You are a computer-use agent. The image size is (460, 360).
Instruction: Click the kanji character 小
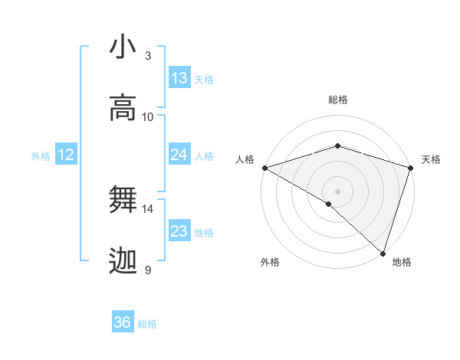[123, 47]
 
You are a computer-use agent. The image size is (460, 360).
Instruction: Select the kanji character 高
[123, 108]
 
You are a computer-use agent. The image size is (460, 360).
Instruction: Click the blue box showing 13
[179, 78]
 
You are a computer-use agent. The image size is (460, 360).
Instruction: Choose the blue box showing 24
[179, 155]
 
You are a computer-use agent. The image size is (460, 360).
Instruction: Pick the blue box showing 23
[179, 231]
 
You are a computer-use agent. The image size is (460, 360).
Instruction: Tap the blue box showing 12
[65, 155]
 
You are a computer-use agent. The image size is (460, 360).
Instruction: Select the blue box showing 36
[123, 323]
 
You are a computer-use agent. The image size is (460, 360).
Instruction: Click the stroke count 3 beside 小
[148, 56]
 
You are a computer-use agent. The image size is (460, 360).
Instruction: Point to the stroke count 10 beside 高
[148, 117]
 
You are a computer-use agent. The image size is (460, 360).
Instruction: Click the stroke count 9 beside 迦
[148, 270]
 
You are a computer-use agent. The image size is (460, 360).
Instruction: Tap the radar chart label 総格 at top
[338, 100]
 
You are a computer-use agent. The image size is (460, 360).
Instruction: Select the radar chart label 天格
[431, 159]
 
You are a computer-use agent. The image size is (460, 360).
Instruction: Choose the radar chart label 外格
[270, 262]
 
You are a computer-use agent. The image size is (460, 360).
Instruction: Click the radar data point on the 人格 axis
[264, 168]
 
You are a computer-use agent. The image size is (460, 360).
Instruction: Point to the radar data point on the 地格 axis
[383, 253]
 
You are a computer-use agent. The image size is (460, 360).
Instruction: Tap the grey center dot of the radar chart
[337, 191]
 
